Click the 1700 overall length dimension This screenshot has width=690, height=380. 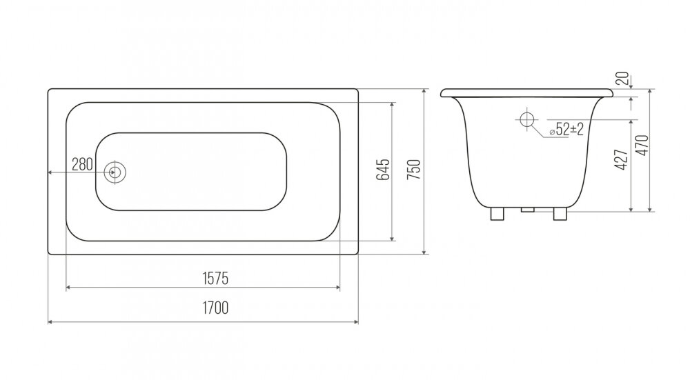(x=215, y=308)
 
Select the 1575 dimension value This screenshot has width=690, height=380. (x=215, y=279)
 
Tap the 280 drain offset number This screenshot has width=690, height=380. (x=82, y=165)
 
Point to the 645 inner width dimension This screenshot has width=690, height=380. (x=383, y=170)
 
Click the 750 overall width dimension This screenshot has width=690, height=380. (x=414, y=170)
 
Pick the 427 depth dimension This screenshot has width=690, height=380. (x=620, y=159)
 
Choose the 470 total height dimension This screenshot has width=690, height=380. (x=642, y=145)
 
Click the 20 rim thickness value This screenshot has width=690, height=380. (x=622, y=79)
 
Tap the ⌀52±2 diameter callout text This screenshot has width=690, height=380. (x=566, y=129)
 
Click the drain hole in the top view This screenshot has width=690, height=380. (x=115, y=172)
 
